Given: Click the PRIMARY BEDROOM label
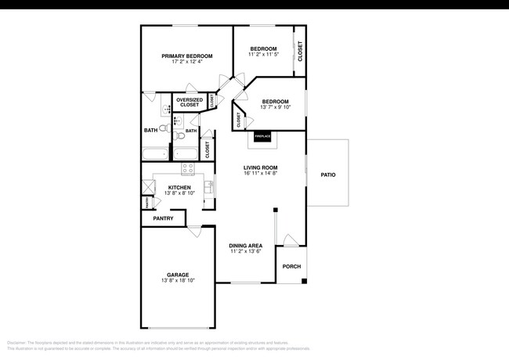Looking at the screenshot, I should point(187,56).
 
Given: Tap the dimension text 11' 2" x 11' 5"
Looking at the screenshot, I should point(263,55).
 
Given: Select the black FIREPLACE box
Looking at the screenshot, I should point(262,137).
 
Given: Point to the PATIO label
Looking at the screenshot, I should point(327,175).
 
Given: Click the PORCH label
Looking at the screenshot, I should point(291,266).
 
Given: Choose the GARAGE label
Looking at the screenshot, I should point(178,274).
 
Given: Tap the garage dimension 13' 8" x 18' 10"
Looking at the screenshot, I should point(178,280).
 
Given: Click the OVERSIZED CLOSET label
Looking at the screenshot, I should point(190,103).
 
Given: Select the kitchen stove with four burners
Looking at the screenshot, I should point(188,168).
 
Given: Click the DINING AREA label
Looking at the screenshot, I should point(245,246).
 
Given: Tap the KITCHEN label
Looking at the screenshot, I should point(179,187).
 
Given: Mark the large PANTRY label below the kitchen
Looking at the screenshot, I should point(163,218).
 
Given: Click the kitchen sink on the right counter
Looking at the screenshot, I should point(209,186).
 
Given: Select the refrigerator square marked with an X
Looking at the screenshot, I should point(147,187).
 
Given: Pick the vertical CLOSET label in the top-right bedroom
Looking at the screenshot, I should point(299,52).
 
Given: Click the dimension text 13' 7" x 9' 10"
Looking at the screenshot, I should point(275,108).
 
